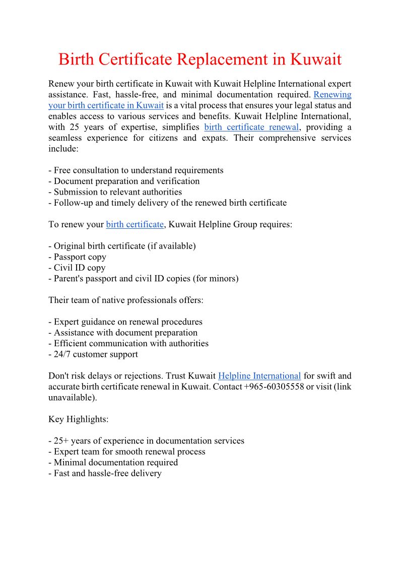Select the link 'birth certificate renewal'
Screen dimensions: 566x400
click(x=251, y=127)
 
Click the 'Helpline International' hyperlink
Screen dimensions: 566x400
click(x=259, y=376)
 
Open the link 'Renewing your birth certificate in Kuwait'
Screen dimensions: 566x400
click(x=106, y=105)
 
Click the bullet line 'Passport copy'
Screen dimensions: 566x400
click(x=78, y=257)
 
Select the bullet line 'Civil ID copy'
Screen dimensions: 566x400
click(x=77, y=268)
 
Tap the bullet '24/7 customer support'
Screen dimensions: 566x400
click(x=93, y=354)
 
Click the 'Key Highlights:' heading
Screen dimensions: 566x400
click(x=79, y=419)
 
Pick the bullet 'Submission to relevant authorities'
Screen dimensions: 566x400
click(x=115, y=192)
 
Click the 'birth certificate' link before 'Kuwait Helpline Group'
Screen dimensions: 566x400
click(x=135, y=225)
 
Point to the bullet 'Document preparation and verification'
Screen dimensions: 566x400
click(x=124, y=181)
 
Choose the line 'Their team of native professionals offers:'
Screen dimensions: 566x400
click(x=126, y=300)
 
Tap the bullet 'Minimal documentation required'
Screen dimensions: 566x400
click(x=113, y=462)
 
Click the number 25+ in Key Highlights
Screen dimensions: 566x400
click(x=61, y=441)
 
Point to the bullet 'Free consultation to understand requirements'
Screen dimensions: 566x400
click(x=136, y=170)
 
